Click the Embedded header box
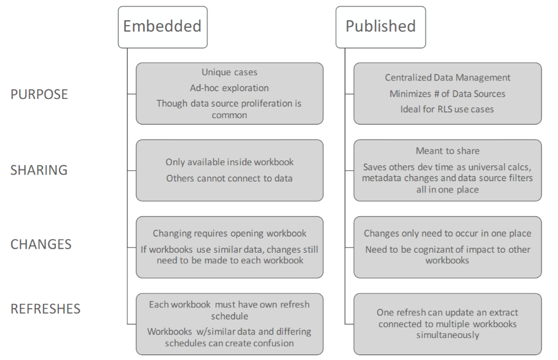[x=163, y=27]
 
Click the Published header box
[x=380, y=27]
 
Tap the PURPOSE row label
[x=39, y=94]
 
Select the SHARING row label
[x=39, y=170]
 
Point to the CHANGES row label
[x=41, y=244]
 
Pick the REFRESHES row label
[x=45, y=309]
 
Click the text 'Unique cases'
[x=230, y=72]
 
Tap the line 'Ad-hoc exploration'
[x=230, y=88]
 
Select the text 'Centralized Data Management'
[x=448, y=77]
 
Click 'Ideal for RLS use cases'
[x=447, y=109]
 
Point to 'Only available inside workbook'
[x=230, y=162]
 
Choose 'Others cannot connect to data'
[x=230, y=178]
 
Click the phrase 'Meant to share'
[x=448, y=151]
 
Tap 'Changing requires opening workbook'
[x=230, y=234]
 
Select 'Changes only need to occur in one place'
[x=448, y=234]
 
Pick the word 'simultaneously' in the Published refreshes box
[x=448, y=335]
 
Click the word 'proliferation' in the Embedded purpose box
[x=246, y=104]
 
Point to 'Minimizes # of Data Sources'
[x=447, y=94]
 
